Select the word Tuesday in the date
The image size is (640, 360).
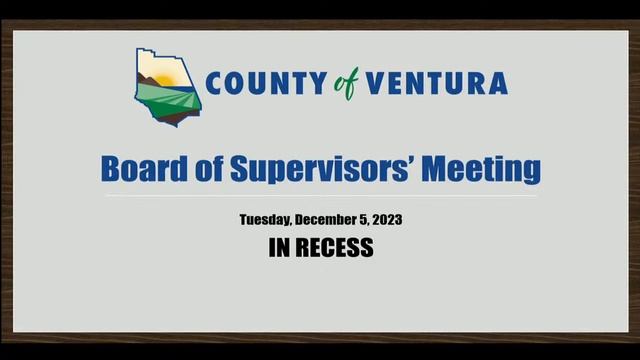coord(269,219)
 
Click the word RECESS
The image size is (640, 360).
coord(335,248)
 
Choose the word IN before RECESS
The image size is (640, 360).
coord(280,248)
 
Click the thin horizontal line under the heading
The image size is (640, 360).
coord(320,195)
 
